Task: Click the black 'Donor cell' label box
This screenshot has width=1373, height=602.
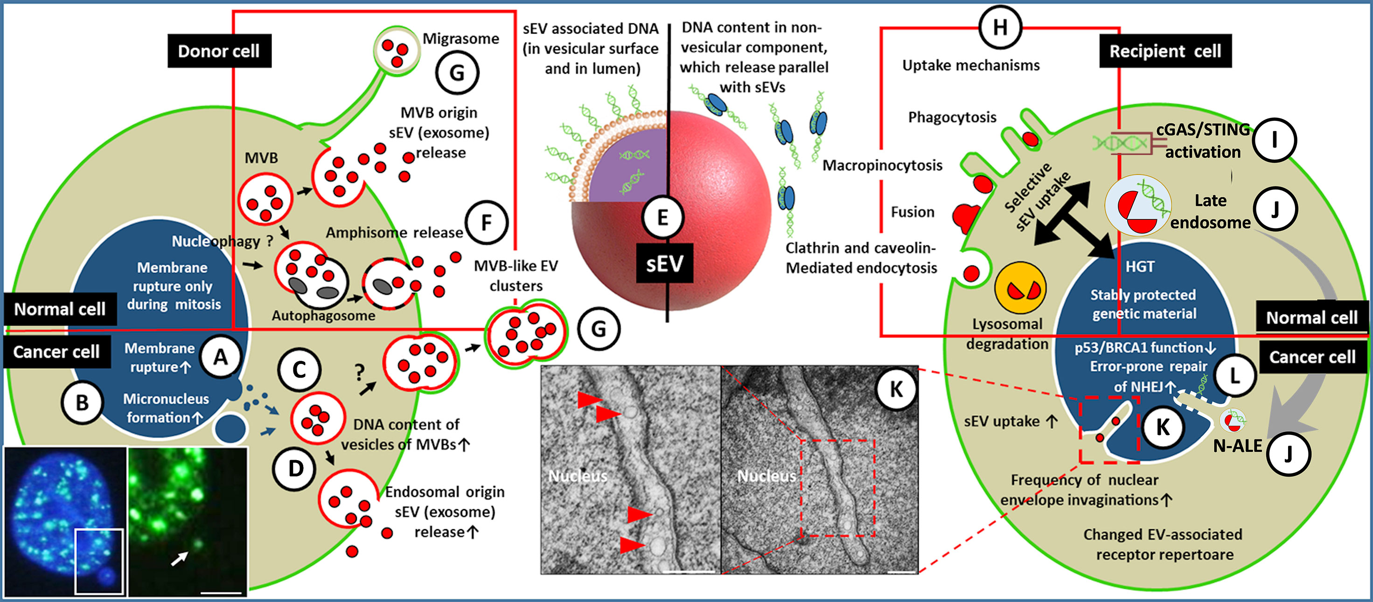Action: coord(219,51)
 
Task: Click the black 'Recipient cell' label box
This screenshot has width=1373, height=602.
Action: coord(1165,51)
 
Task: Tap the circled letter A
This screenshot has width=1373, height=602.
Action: coord(220,357)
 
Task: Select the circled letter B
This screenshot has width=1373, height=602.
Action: coord(82,403)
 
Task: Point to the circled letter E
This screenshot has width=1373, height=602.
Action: coord(662,217)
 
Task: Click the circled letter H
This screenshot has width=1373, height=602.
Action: coord(1000,27)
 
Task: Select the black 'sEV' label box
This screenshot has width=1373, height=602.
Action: coord(665,263)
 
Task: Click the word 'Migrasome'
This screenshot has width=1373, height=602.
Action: coord(460,38)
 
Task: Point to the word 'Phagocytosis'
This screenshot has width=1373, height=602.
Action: coord(952,117)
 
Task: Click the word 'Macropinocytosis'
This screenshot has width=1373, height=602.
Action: coord(882,165)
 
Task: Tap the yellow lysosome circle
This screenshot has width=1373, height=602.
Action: coord(1020,288)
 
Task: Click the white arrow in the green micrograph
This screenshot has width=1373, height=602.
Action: coord(179,558)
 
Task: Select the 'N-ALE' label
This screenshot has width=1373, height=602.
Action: coord(1237,446)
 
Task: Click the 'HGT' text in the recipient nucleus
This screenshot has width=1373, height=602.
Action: coord(1140,266)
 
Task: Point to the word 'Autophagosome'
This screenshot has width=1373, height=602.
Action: coord(323,315)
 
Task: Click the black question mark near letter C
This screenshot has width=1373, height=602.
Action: coord(360,371)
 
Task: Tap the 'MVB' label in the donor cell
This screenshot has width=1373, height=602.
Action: coord(261,158)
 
